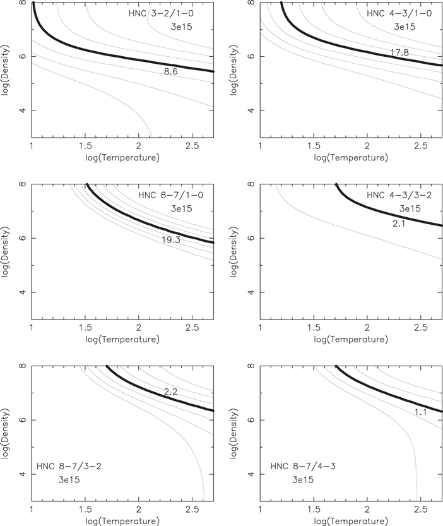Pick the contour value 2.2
(170, 392)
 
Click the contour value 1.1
(422, 412)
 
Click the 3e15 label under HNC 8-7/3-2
(66, 481)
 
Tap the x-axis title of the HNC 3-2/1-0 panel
(123, 156)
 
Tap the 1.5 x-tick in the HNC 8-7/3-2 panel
(85, 509)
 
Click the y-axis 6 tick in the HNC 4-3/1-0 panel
(251, 56)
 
